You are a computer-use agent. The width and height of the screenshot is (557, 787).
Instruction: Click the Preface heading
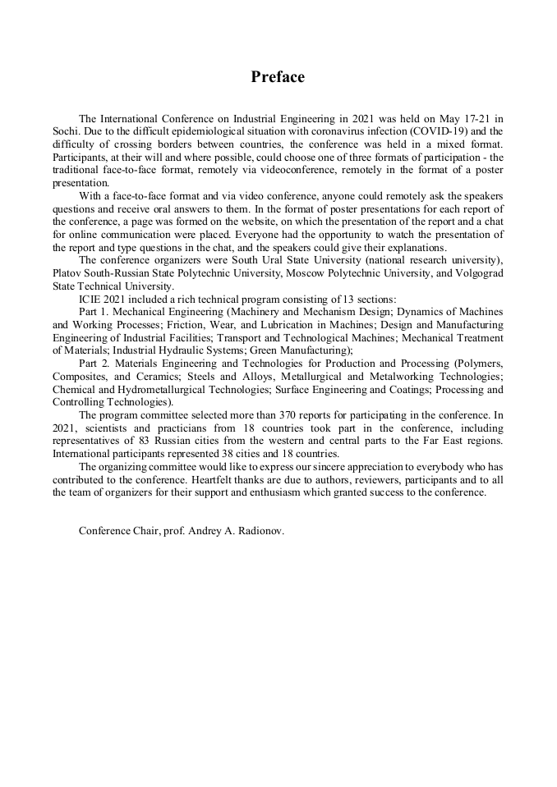[x=278, y=77]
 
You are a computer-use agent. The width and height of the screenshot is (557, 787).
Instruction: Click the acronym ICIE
[x=90, y=300]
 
